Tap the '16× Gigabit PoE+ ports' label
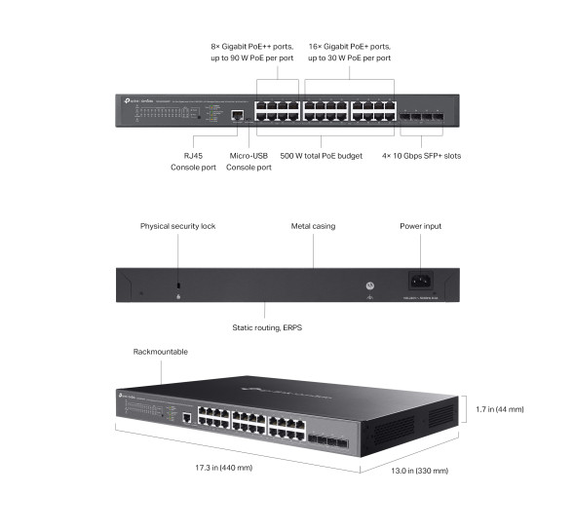point(349,47)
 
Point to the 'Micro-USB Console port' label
point(249,161)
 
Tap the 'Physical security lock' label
point(177,226)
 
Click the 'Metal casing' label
point(313,226)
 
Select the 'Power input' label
point(420,226)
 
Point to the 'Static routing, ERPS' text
point(267,327)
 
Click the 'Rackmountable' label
point(160,352)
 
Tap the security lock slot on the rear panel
point(177,285)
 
